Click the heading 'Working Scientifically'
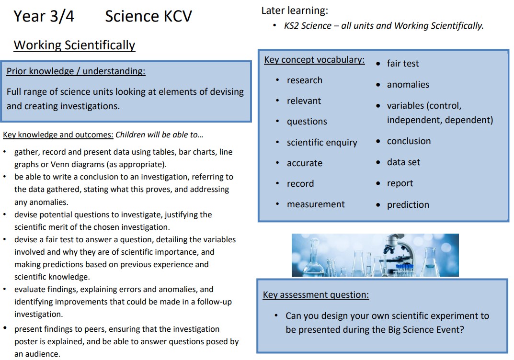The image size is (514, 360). [x=74, y=45]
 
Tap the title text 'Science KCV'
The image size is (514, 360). [x=148, y=16]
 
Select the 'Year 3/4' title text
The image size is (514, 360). [x=44, y=16]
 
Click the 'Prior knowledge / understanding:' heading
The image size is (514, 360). [x=76, y=71]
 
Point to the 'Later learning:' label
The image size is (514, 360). [x=295, y=11]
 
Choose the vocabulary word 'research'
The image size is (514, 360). [x=305, y=80]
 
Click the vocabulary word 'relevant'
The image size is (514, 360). [x=304, y=101]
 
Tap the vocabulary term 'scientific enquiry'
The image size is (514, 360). [x=322, y=143]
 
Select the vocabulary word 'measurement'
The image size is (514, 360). [x=316, y=204]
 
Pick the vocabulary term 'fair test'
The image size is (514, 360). [x=403, y=64]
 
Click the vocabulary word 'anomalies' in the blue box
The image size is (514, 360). [x=408, y=85]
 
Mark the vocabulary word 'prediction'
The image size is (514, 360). [x=408, y=205]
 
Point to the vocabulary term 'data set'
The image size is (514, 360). [x=403, y=162]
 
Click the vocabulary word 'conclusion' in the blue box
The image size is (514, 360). [x=409, y=141]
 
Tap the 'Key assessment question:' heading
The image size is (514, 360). [x=316, y=295]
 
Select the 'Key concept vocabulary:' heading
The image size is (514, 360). [x=314, y=60]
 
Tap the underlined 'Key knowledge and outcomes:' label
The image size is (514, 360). [x=58, y=135]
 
